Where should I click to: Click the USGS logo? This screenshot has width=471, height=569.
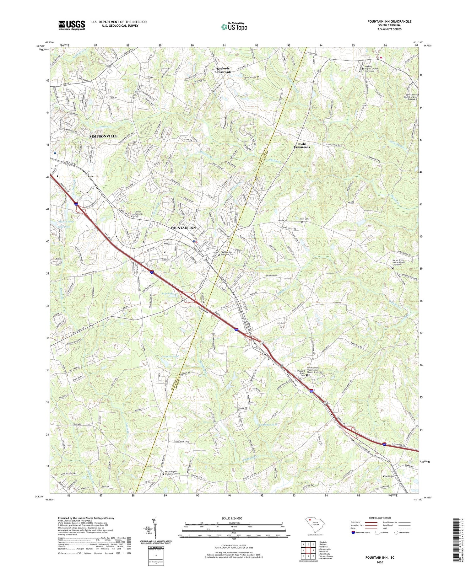click(72, 25)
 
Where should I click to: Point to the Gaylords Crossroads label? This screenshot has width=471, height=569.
click(224, 70)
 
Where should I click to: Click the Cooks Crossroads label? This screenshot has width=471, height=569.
click(301, 145)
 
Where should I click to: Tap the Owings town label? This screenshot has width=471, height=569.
click(388, 476)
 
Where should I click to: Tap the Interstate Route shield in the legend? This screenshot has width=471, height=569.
click(354, 533)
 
